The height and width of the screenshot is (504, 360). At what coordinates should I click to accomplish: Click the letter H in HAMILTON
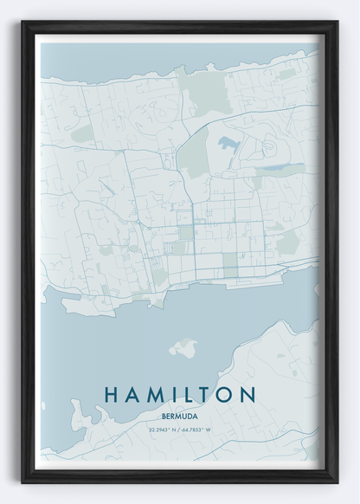(112, 394)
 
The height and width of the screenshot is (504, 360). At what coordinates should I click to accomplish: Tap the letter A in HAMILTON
(134, 394)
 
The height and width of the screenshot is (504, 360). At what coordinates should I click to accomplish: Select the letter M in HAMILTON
(157, 394)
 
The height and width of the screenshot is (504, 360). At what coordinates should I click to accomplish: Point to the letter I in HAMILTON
(176, 394)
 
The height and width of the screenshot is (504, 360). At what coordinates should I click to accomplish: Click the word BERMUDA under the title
(180, 413)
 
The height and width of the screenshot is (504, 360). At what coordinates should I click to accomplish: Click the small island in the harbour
(183, 349)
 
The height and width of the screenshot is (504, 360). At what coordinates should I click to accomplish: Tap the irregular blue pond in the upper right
(228, 142)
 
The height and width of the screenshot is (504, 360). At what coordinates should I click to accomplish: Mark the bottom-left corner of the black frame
(23, 481)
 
